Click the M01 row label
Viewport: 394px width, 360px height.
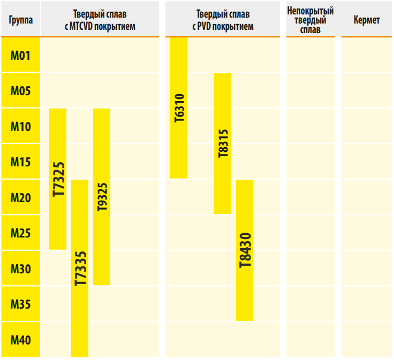pos(20,55)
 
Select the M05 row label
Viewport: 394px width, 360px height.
pos(20,90)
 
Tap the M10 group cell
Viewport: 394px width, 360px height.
pos(20,126)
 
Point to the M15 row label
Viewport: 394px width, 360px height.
pos(20,162)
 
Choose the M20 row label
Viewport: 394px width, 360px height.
pos(20,197)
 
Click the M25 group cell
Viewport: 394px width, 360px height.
pos(20,233)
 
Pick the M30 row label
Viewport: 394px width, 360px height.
pos(20,269)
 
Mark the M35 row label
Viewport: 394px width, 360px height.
pos(20,304)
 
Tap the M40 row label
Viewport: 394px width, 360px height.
pos(20,340)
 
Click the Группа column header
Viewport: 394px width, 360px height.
pos(20,20)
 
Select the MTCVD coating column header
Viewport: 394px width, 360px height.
pos(100,20)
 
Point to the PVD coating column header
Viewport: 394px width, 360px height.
pos(222,20)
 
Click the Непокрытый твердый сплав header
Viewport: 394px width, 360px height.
pos(310,20)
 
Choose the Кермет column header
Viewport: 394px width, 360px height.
pos(367,20)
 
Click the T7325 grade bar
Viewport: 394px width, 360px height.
pos(58,179)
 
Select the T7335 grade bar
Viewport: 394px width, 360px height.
pos(80,267)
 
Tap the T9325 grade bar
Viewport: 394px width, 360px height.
pos(102,197)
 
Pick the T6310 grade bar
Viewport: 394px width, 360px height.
pos(179,108)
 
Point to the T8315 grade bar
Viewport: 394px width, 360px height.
pos(223,143)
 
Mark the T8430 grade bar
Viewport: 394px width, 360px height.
pos(245,250)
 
